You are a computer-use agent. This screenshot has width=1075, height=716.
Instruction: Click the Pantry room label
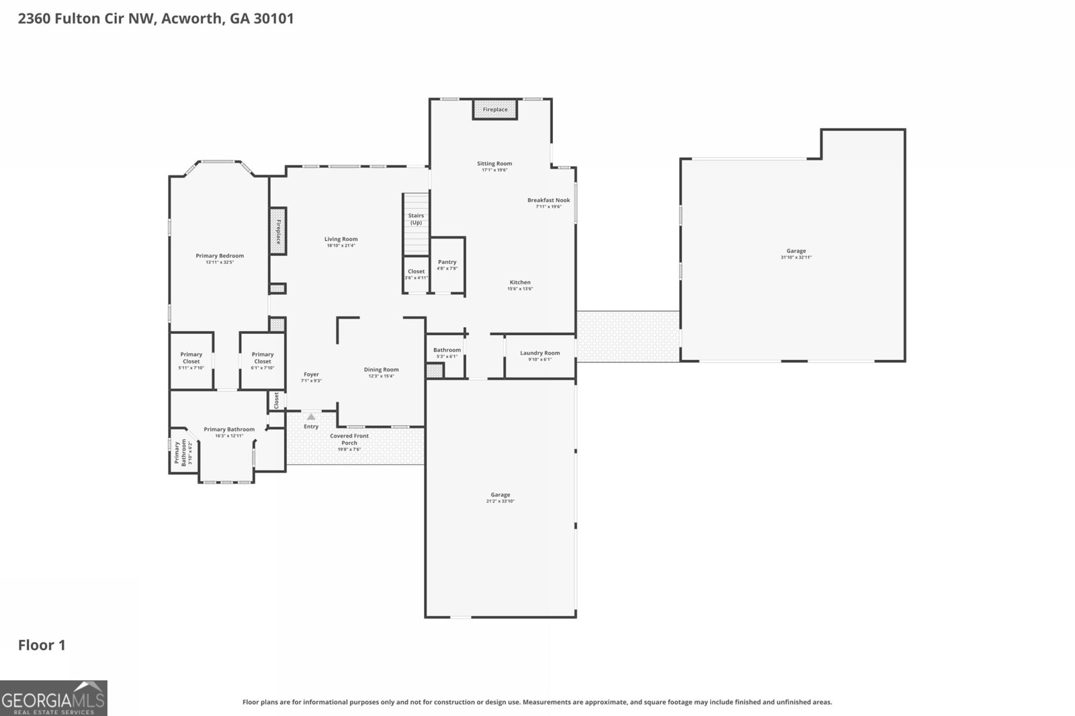pyautogui.click(x=447, y=263)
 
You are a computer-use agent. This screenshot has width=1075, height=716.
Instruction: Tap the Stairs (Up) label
pyautogui.click(x=416, y=219)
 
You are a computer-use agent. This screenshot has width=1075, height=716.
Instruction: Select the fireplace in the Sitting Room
pyautogui.click(x=495, y=109)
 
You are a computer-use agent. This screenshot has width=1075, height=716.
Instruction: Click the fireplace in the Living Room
pyautogui.click(x=277, y=232)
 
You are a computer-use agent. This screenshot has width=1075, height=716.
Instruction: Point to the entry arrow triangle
pyautogui.click(x=311, y=417)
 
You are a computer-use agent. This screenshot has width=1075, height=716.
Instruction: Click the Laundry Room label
pyautogui.click(x=540, y=353)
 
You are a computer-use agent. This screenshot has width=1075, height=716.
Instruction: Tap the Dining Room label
pyautogui.click(x=381, y=369)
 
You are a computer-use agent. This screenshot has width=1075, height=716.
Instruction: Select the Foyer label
pyautogui.click(x=311, y=375)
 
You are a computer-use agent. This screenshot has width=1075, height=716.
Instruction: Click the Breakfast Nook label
pyautogui.click(x=548, y=200)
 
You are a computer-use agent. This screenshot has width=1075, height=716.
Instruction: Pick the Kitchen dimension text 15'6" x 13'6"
pyautogui.click(x=520, y=289)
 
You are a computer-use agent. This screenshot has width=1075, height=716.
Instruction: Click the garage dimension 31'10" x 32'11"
pyautogui.click(x=796, y=257)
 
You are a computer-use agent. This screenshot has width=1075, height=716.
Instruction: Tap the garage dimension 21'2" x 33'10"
pyautogui.click(x=500, y=501)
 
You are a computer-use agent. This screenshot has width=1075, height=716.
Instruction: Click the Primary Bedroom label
pyautogui.click(x=220, y=256)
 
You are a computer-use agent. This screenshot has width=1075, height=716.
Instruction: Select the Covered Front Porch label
pyautogui.click(x=349, y=439)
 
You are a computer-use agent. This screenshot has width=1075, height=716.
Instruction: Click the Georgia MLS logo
pyautogui.click(x=53, y=698)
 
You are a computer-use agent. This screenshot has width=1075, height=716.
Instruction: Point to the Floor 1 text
pyautogui.click(x=42, y=645)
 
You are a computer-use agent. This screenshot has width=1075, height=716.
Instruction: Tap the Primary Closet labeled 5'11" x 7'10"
pyautogui.click(x=191, y=358)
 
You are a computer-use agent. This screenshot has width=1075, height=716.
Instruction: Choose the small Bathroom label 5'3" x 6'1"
pyautogui.click(x=447, y=350)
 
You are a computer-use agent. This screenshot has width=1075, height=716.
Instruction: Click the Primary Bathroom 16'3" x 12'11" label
pyautogui.click(x=229, y=430)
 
